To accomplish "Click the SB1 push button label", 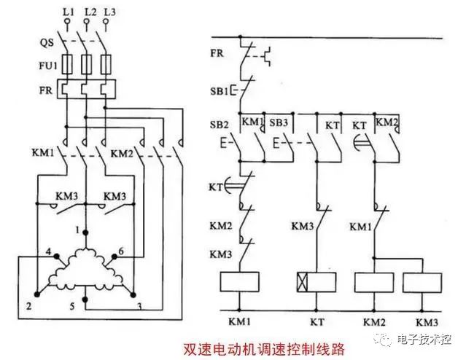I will click(x=220, y=90).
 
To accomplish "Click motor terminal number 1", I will click(x=77, y=230).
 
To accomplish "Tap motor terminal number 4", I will click(x=48, y=252).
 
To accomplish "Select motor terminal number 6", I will click(x=121, y=251).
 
